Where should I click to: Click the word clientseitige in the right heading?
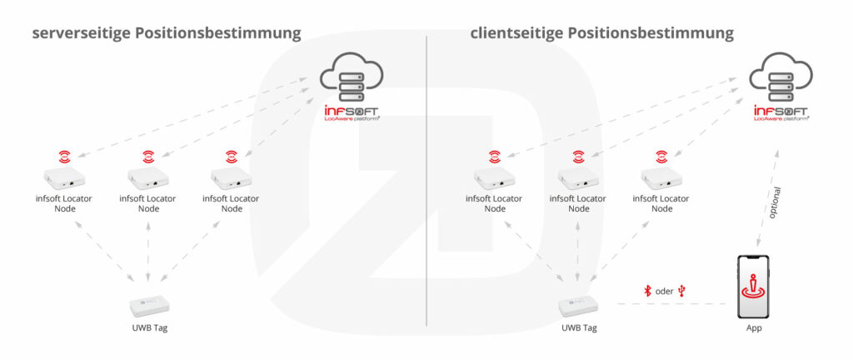(x=516, y=34)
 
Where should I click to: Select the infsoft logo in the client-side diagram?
(x=781, y=113)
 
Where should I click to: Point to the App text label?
(x=754, y=327)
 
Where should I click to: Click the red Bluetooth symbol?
(x=647, y=291)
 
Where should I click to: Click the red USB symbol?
(x=683, y=291)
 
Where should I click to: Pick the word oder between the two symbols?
(x=665, y=291)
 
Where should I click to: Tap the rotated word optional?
(x=775, y=202)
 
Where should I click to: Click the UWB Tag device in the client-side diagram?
(x=578, y=304)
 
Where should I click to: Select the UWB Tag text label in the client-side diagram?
(x=578, y=327)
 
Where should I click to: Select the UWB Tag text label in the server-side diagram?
(x=150, y=327)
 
